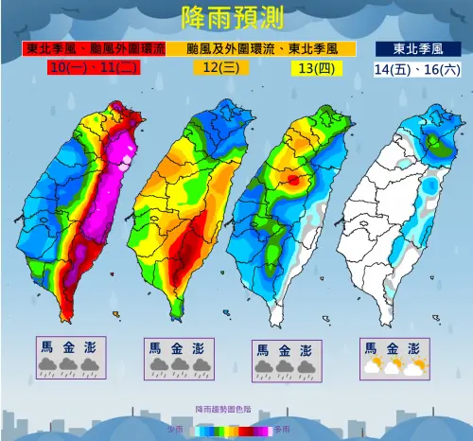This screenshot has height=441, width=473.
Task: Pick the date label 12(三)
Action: coord(218,67)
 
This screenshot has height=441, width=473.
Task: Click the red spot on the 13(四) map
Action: coord(294,178)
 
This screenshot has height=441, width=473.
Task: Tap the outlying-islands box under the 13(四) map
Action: coord(283,362)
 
